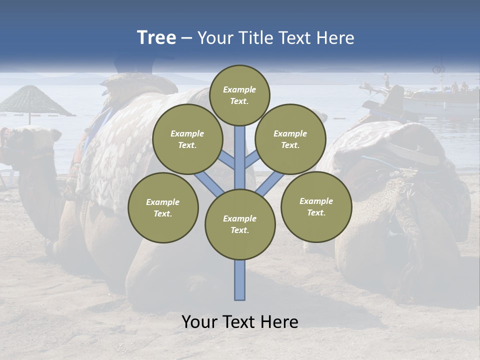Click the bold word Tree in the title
(156, 38)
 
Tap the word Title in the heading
(254, 38)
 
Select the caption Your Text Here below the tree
(240, 322)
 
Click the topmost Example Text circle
(239, 95)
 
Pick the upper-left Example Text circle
(187, 139)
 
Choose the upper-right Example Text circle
(290, 139)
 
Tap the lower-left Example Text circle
(163, 207)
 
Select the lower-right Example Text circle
(316, 206)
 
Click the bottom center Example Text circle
(240, 224)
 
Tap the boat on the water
(430, 100)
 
